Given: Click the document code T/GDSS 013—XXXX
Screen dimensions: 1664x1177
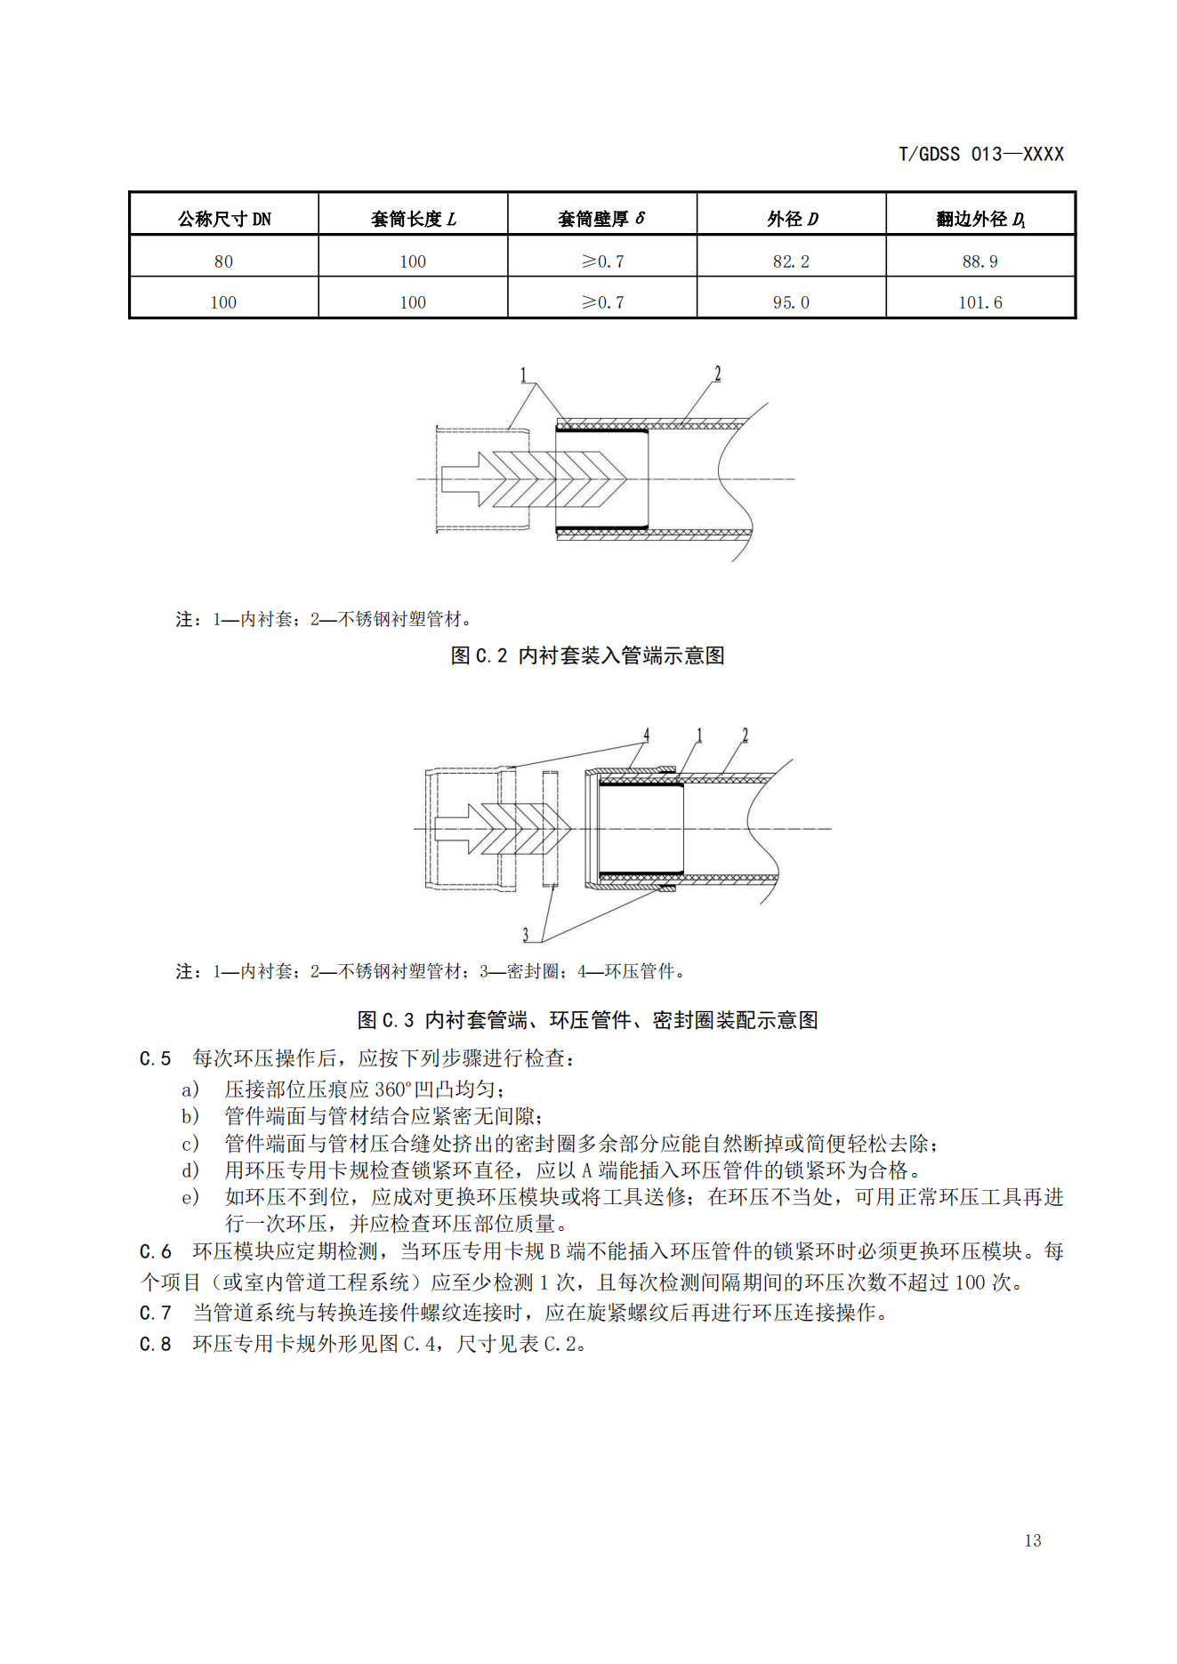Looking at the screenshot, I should click(980, 155).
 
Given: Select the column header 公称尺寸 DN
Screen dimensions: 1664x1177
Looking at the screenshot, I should click(224, 219).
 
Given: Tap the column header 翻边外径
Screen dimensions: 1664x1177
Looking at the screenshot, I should click(980, 219).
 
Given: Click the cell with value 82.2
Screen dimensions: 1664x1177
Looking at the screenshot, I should click(791, 261).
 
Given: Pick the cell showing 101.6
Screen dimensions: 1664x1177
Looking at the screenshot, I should click(979, 302).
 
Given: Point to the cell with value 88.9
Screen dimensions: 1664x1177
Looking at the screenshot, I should click(979, 261).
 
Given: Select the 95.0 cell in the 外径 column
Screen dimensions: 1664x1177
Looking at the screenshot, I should click(791, 302).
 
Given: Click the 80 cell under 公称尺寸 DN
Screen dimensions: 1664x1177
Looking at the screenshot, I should click(223, 261).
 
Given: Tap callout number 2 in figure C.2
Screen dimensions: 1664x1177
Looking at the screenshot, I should click(717, 374).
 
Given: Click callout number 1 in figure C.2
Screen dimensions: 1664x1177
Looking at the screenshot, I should click(524, 375).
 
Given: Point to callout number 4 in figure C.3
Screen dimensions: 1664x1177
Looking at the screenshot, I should click(647, 735).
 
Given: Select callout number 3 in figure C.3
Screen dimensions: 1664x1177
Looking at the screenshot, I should click(526, 934).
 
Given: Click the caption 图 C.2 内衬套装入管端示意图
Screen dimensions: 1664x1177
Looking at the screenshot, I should click(587, 655).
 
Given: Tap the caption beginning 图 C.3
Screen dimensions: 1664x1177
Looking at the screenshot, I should click(587, 1020).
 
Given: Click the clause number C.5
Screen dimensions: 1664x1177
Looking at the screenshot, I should click(155, 1058).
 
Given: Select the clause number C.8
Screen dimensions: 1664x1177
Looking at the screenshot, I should click(155, 1344).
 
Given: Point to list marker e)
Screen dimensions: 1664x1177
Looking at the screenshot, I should click(189, 1197).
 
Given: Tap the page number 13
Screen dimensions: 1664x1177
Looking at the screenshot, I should click(1032, 1540).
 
